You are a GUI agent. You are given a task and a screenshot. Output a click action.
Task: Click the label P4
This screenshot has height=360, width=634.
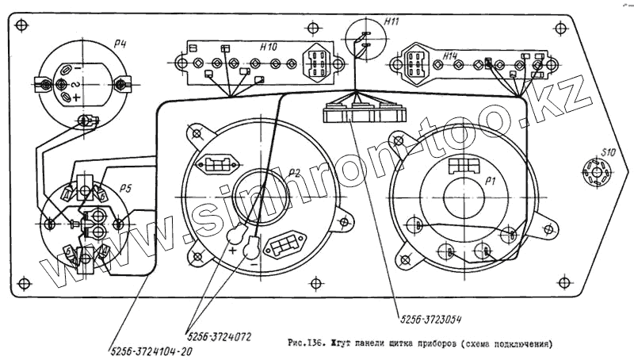[x=120, y=44]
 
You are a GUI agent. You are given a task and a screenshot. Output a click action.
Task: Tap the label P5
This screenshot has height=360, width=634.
[x=125, y=188]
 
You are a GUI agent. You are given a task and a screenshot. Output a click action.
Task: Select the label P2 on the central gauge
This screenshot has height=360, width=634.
[x=294, y=172]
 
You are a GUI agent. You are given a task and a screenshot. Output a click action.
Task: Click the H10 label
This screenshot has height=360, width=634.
[x=268, y=48]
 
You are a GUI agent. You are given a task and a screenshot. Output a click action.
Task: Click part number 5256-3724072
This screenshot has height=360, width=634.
[x=220, y=336]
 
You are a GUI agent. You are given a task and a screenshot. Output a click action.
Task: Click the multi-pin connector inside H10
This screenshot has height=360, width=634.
[x=319, y=61]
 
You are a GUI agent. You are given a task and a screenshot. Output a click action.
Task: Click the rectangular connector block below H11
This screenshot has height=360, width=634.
[x=364, y=113]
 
